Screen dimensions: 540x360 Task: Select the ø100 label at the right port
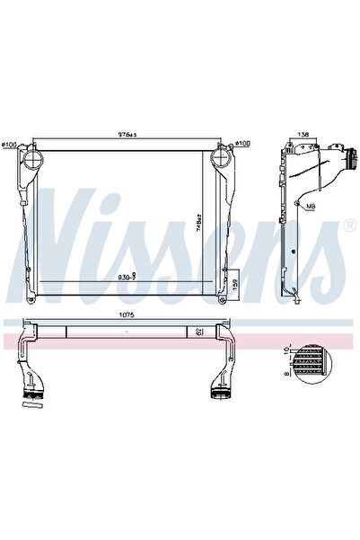tap(242, 143)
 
